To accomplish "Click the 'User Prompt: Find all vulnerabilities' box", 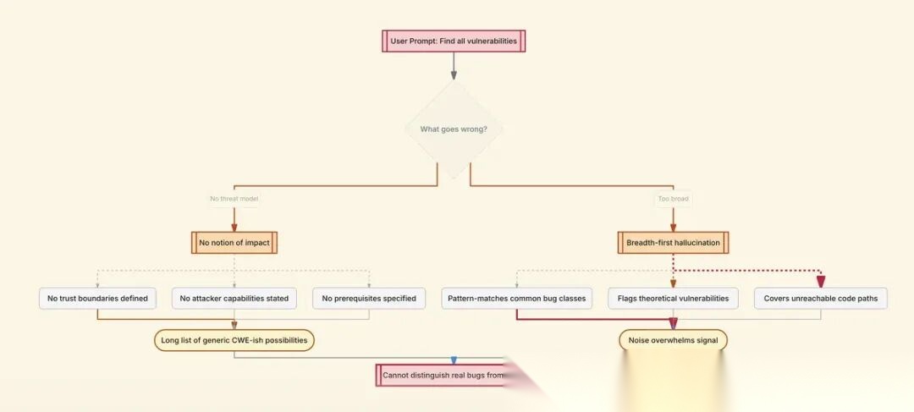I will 454,41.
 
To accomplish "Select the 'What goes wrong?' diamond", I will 454,129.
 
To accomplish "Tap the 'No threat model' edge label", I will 234,199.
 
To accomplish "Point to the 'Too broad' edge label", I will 673,199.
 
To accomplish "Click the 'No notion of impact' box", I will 234,243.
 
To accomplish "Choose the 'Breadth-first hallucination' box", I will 673,243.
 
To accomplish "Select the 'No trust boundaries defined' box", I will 97,298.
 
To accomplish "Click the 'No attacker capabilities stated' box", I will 234,298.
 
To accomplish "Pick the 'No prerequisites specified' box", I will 369,298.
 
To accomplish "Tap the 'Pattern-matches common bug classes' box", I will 517,298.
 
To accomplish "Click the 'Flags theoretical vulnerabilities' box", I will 673,298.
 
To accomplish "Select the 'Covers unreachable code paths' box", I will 820,298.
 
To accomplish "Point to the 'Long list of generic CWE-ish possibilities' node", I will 234,341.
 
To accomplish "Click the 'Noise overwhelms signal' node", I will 673,341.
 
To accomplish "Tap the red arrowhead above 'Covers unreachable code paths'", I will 820,282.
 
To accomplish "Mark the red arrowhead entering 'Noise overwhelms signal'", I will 673,324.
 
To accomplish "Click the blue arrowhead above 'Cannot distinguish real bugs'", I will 454,360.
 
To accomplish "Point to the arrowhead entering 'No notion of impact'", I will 234,227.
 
